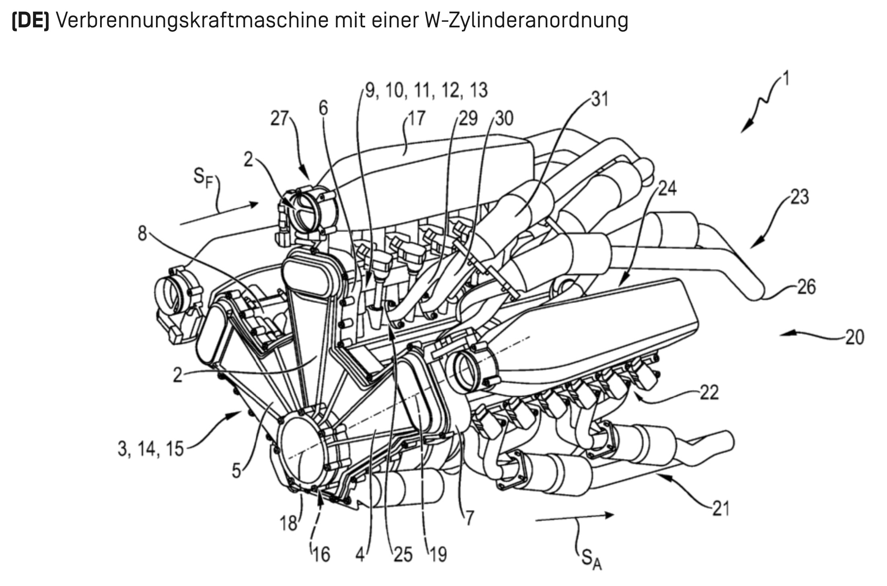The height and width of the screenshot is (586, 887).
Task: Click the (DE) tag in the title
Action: (30, 21)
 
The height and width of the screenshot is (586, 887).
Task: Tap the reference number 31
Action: (600, 99)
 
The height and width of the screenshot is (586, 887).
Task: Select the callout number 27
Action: (279, 119)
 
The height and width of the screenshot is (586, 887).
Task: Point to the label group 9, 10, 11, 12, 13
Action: (426, 91)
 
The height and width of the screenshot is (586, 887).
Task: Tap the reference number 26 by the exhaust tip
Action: (806, 287)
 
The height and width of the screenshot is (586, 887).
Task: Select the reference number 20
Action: (854, 337)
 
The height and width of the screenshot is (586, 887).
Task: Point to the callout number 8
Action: (142, 233)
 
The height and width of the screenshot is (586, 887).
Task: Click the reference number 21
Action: (721, 509)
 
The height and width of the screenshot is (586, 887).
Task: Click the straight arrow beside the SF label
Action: (219, 214)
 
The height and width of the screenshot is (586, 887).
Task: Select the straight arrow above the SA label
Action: (575, 518)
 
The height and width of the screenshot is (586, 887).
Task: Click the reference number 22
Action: (709, 392)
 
